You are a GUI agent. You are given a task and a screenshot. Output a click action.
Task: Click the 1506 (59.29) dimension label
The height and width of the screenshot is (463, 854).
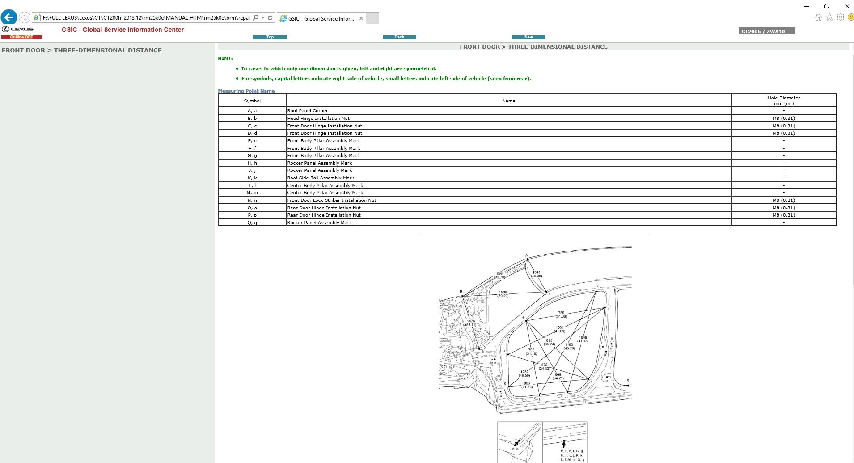[x=503, y=294]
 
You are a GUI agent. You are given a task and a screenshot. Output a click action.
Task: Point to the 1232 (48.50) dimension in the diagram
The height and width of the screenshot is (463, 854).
[x=524, y=374]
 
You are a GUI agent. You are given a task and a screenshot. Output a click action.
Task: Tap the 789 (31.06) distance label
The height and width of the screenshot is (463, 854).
[x=561, y=314]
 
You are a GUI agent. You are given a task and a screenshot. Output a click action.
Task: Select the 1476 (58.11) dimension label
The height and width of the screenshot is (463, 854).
[x=470, y=323]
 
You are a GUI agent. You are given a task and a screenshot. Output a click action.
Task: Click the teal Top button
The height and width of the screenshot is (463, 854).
[x=270, y=37]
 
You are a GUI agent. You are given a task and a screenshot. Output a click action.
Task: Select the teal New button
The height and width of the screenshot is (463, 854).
[x=528, y=37]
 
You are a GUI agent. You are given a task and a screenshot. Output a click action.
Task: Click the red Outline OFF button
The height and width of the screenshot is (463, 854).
[x=21, y=37]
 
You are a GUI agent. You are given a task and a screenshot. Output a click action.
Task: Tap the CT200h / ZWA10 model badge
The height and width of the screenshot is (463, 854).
[x=766, y=31]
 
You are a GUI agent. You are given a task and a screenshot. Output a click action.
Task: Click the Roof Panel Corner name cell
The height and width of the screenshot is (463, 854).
[x=308, y=110]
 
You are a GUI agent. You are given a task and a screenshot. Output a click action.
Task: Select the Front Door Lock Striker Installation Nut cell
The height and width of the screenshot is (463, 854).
[x=331, y=200]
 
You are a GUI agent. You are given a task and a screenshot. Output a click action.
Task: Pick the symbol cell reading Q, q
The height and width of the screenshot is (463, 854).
[x=252, y=222]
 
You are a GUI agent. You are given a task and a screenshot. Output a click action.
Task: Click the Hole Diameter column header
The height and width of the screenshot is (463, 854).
[x=783, y=101]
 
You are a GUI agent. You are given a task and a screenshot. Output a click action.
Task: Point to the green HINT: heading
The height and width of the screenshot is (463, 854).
[x=225, y=58]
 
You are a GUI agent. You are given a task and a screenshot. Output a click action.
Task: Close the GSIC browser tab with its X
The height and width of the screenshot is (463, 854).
[x=361, y=18]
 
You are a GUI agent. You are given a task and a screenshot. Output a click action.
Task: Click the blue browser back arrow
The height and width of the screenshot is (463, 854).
[x=9, y=17]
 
